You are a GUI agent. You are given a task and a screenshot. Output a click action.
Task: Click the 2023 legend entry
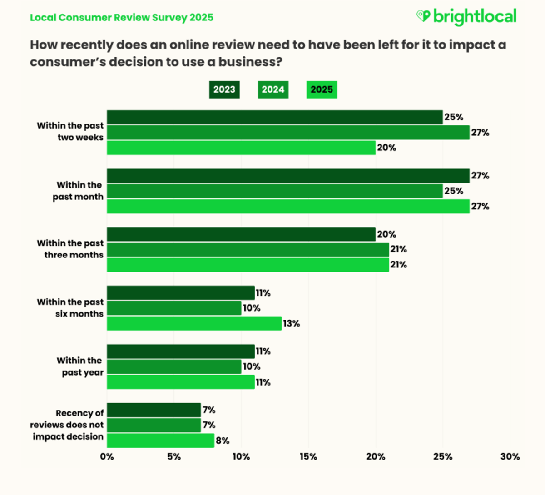click(x=224, y=89)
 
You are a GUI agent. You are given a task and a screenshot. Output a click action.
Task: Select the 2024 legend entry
click(x=273, y=89)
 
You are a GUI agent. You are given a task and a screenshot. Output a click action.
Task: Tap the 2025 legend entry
click(x=322, y=89)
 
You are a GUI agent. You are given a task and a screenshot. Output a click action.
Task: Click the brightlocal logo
click(x=466, y=17)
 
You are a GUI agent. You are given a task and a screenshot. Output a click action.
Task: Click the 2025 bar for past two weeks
click(x=241, y=148)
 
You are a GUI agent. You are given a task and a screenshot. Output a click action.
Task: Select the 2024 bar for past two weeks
click(x=288, y=133)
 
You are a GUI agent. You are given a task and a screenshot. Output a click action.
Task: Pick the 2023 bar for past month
click(x=288, y=176)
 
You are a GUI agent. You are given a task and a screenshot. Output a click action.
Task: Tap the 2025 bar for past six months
click(x=194, y=323)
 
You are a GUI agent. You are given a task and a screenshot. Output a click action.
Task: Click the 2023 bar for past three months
click(x=241, y=234)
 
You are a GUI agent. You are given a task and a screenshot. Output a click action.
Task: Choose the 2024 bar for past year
click(x=174, y=367)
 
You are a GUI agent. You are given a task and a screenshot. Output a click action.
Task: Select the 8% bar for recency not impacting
click(x=160, y=441)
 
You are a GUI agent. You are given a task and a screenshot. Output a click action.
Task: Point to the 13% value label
click(x=292, y=323)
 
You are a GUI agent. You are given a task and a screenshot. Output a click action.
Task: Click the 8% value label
click(x=223, y=441)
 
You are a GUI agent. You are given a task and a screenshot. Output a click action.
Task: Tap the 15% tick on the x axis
click(x=308, y=457)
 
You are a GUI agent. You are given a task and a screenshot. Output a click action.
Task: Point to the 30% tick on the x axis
click(x=510, y=457)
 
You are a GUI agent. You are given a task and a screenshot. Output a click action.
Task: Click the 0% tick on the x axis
click(x=107, y=457)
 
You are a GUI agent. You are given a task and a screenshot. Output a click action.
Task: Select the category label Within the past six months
click(x=70, y=308)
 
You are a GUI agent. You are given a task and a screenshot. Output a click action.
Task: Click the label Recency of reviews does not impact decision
click(x=67, y=425)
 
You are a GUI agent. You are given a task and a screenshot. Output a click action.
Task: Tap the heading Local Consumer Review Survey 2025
click(x=121, y=18)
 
